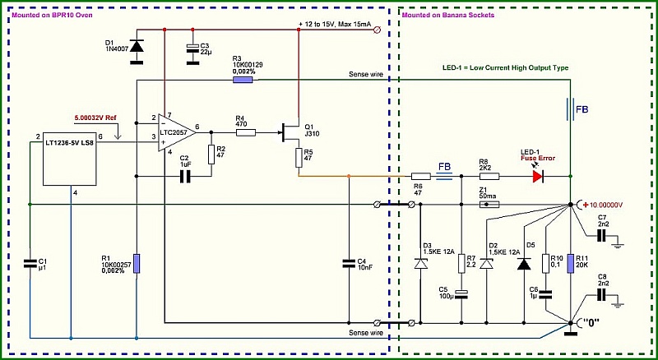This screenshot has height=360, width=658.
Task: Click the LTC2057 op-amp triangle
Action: (175, 132)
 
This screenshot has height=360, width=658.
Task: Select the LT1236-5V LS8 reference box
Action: (70, 159)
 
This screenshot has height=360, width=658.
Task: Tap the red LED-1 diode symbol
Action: (539, 177)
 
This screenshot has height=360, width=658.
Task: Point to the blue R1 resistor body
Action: (137, 264)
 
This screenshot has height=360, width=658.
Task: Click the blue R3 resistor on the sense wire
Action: (243, 80)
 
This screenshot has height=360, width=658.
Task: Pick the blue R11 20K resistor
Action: (571, 264)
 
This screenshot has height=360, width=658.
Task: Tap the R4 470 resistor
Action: (246, 132)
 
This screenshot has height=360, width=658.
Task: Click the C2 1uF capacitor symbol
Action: (185, 177)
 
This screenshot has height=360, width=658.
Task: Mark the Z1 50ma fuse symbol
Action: (489, 205)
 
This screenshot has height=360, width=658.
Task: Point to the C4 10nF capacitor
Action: (349, 264)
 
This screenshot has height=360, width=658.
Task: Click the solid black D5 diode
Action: (524, 264)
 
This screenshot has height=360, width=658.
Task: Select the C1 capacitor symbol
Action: (30, 264)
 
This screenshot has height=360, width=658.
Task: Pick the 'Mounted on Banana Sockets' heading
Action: (448, 15)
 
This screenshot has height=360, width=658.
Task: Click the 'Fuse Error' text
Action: (538, 158)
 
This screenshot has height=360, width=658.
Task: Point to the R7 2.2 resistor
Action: (461, 264)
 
